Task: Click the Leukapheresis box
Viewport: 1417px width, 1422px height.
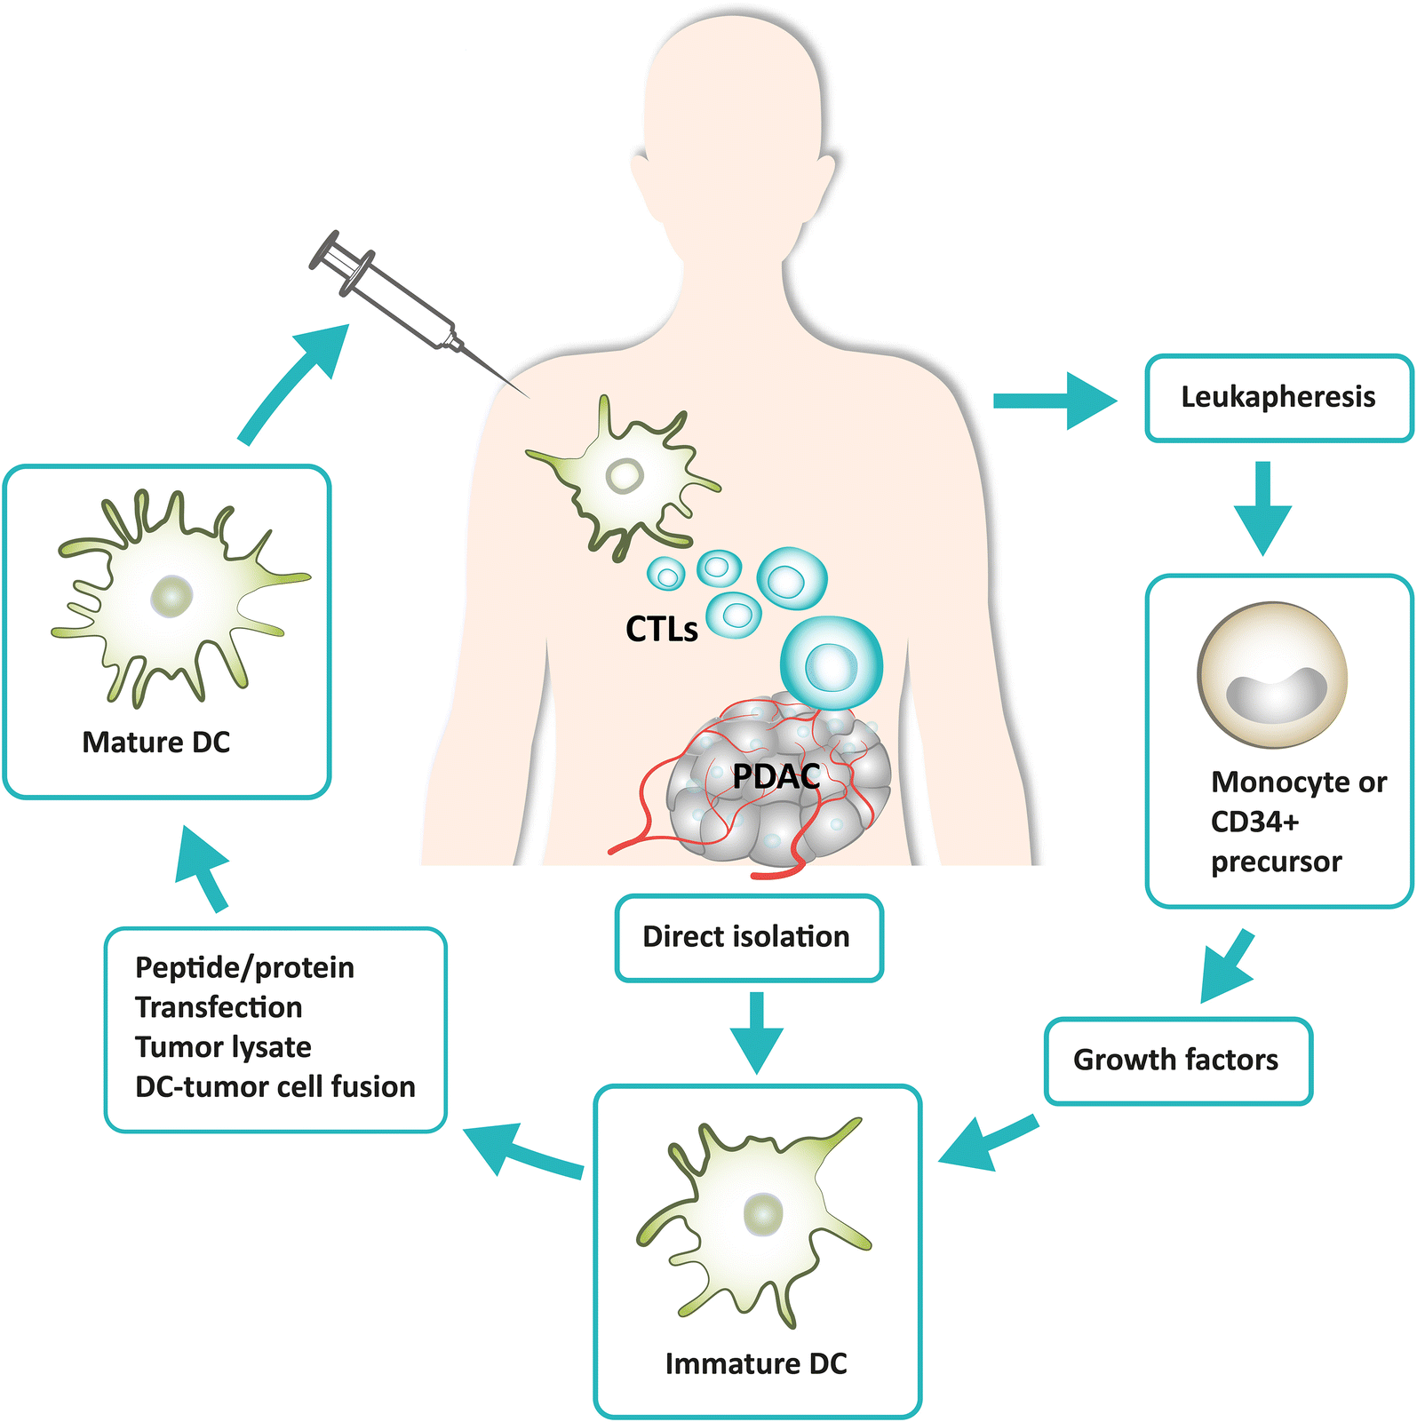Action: [1278, 397]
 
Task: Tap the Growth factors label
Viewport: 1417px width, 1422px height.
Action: [1175, 1060]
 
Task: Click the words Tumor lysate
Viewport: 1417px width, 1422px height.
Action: [223, 1047]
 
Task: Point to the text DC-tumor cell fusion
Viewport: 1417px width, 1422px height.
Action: [275, 1087]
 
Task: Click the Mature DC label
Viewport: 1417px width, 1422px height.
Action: [156, 743]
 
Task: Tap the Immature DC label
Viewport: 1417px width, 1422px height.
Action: [756, 1363]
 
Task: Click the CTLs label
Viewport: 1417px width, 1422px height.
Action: [661, 629]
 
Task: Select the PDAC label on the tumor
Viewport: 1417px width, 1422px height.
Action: [775, 776]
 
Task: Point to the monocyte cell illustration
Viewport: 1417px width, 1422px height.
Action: [1272, 675]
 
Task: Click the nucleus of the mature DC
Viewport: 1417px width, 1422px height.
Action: [171, 597]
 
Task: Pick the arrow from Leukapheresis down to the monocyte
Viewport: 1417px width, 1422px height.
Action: [1262, 506]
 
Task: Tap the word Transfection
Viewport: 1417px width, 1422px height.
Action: [219, 1007]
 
